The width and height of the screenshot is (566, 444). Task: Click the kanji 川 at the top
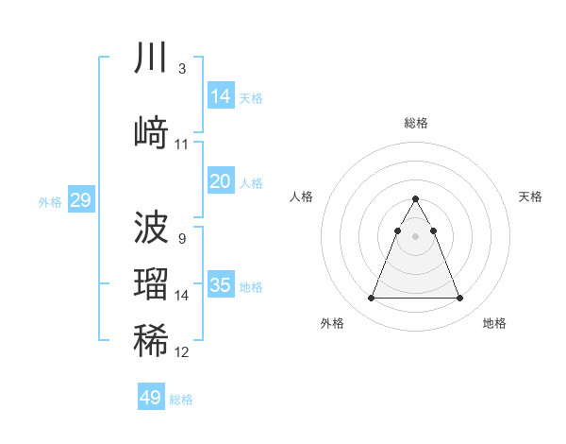click(x=151, y=59)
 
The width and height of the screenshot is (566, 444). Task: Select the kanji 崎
click(x=151, y=132)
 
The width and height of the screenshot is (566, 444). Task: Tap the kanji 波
click(x=151, y=227)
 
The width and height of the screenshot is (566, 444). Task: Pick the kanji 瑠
click(x=151, y=284)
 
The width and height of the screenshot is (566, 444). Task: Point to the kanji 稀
click(x=151, y=340)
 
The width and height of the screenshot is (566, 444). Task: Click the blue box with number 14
click(x=221, y=95)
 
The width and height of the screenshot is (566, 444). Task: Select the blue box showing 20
click(x=221, y=181)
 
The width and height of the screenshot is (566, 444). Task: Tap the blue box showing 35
click(x=221, y=284)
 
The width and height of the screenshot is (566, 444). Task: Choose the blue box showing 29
click(x=80, y=199)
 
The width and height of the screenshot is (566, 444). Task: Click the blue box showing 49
click(x=151, y=398)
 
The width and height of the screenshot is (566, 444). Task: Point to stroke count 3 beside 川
click(x=181, y=69)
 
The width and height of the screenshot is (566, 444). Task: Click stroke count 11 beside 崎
click(x=182, y=145)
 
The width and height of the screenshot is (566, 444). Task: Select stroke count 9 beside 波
click(x=181, y=239)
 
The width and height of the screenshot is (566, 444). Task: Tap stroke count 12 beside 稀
click(x=182, y=352)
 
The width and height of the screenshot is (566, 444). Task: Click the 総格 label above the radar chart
click(x=416, y=123)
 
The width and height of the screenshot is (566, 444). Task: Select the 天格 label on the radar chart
click(x=531, y=196)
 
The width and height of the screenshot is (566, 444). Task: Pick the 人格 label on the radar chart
click(x=301, y=196)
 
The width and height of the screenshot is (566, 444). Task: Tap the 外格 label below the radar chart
click(x=332, y=323)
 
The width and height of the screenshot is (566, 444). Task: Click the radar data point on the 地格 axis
click(x=460, y=299)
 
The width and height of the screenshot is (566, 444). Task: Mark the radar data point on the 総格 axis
click(x=416, y=198)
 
